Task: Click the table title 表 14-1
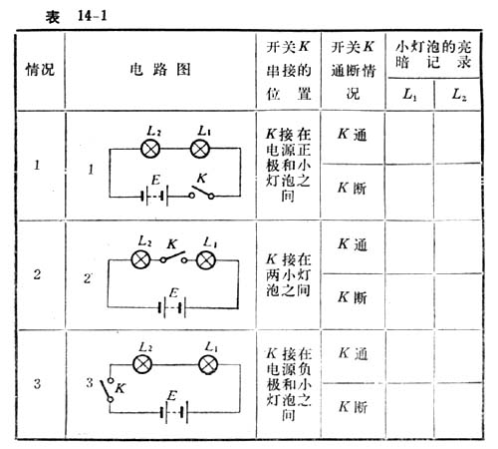coord(77,16)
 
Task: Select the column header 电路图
coord(160,70)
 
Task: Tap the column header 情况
coord(40,70)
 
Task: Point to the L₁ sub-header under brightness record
coord(409,95)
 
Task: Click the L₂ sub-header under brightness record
coord(459,95)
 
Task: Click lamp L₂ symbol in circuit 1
coord(150,149)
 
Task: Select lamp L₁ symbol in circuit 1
coord(200,149)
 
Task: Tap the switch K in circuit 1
coord(201,193)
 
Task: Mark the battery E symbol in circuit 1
coord(154,196)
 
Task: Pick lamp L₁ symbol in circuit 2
coord(206,260)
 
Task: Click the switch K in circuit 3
coord(108,389)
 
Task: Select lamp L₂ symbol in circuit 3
coord(142,364)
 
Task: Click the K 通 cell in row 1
coord(353,135)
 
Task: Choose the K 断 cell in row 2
coord(353,297)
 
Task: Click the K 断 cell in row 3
coord(353,407)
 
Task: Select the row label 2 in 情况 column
coord(37,274)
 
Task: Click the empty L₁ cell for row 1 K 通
coord(409,137)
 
